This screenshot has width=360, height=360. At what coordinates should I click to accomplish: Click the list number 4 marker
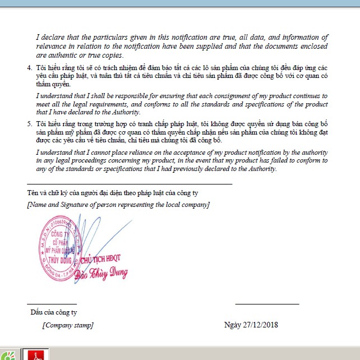coord(30,68)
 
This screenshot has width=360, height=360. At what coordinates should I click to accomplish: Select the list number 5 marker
coord(30,122)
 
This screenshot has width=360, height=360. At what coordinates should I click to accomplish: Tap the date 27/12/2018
coord(260,325)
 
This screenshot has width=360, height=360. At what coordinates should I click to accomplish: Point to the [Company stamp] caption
coord(68,325)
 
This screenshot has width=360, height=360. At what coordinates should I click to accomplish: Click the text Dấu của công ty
coord(53,312)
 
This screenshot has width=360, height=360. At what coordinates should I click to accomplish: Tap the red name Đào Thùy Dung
coord(105,274)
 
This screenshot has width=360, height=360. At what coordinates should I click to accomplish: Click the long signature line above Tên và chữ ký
coord(130,184)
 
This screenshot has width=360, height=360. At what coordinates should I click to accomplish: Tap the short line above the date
coord(267,304)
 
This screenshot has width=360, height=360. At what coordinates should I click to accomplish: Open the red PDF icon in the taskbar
coord(36,355)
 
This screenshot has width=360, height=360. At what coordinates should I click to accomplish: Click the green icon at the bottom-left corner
coord(8,356)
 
